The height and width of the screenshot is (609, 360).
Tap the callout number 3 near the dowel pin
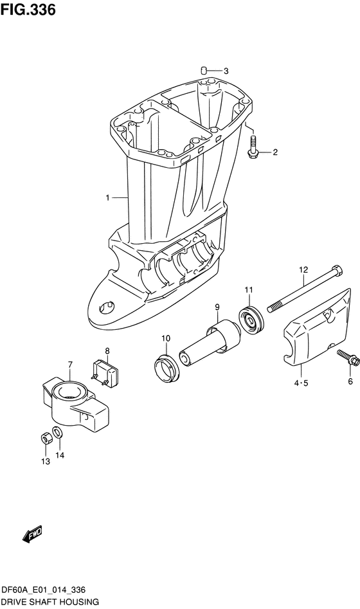pos(226,71)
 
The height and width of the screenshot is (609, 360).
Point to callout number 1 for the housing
pos(109,198)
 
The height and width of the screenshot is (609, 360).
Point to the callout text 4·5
pos(301,383)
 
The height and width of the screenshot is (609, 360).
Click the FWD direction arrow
pos(32,534)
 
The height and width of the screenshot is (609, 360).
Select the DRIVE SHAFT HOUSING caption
pos(50,602)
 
